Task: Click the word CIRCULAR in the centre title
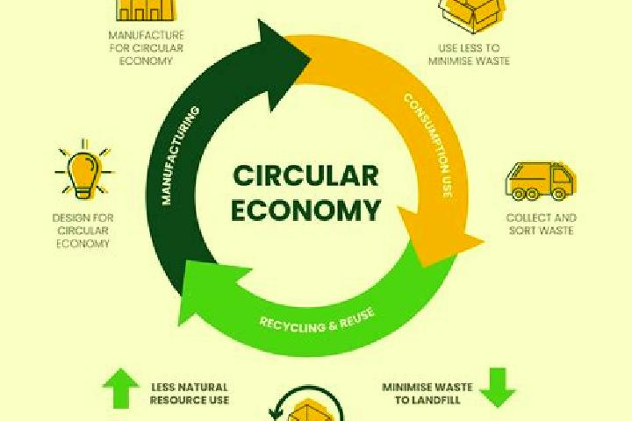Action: point(306,175)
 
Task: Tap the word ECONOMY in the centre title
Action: point(306,210)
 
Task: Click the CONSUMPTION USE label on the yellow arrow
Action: point(428,146)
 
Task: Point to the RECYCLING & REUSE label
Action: point(317,320)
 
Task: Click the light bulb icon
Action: point(84,170)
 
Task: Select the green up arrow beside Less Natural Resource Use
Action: point(121,388)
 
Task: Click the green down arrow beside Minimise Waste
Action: point(498,388)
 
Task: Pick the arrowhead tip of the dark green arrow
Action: point(311,60)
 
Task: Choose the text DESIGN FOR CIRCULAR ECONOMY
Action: point(83,231)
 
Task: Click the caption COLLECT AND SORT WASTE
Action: point(542,224)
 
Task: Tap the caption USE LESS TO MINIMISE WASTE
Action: point(469,54)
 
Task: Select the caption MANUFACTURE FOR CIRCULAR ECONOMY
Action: point(147,48)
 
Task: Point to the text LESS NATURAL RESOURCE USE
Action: point(190,394)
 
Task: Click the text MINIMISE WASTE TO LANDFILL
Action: point(427,394)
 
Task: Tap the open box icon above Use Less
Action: point(471,14)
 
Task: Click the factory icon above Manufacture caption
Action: point(146,10)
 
